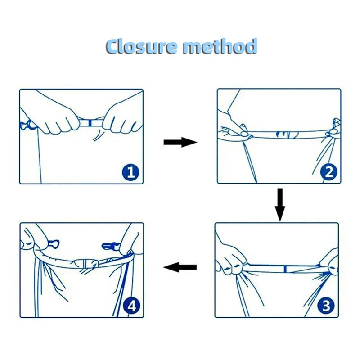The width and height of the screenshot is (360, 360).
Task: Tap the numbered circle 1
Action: point(130,172)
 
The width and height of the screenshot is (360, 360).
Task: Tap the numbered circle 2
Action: point(329,172)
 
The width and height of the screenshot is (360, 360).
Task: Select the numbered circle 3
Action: point(326,306)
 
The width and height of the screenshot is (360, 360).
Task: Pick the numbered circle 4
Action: point(132,306)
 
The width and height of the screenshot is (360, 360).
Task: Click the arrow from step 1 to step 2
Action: point(180,143)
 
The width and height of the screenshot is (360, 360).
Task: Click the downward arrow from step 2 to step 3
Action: point(280,204)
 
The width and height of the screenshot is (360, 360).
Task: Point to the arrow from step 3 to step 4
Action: point(180,267)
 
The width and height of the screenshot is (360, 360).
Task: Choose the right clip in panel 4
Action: point(109,246)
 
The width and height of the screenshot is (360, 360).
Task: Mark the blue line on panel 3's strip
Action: point(285,269)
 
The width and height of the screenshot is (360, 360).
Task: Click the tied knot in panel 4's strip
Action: point(88,265)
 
